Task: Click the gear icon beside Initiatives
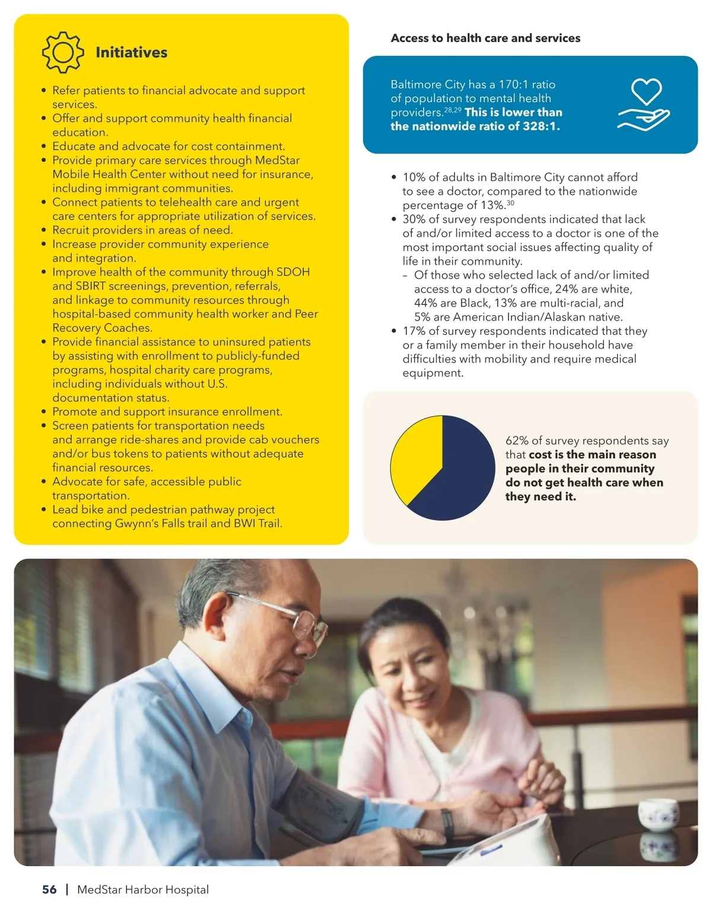point(63,53)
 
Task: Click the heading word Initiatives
point(131,53)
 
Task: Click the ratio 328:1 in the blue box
point(539,126)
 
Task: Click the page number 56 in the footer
point(49,889)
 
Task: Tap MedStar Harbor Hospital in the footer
point(143,889)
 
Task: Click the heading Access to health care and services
point(485,38)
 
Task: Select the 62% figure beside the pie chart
point(516,441)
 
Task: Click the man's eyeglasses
point(297,620)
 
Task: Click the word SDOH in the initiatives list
point(293,272)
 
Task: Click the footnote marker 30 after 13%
point(510,203)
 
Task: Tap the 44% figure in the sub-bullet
point(425,303)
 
